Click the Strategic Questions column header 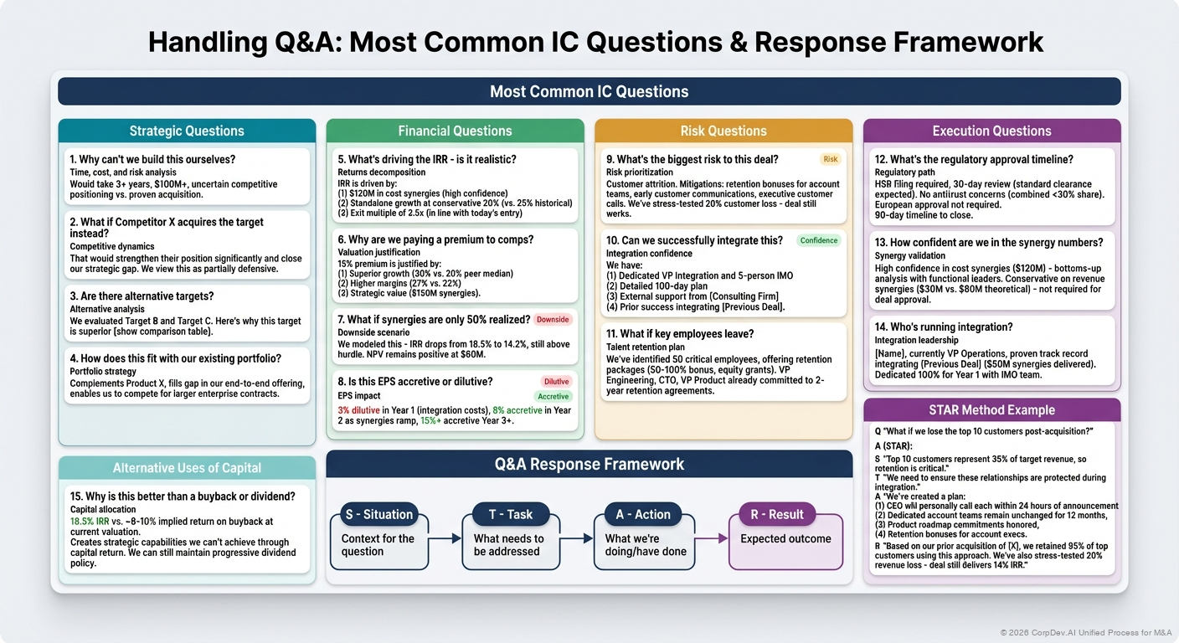coord(187,131)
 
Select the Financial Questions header coord(455,131)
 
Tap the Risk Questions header coord(723,131)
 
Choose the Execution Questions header coord(991,131)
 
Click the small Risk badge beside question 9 coord(830,159)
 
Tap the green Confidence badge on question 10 coord(818,240)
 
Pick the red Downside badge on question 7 coord(552,320)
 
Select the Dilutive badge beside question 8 coord(556,382)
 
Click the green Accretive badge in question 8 coord(553,397)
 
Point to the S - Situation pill coord(379,514)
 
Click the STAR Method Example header coord(991,410)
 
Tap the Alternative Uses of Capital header coord(187,468)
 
